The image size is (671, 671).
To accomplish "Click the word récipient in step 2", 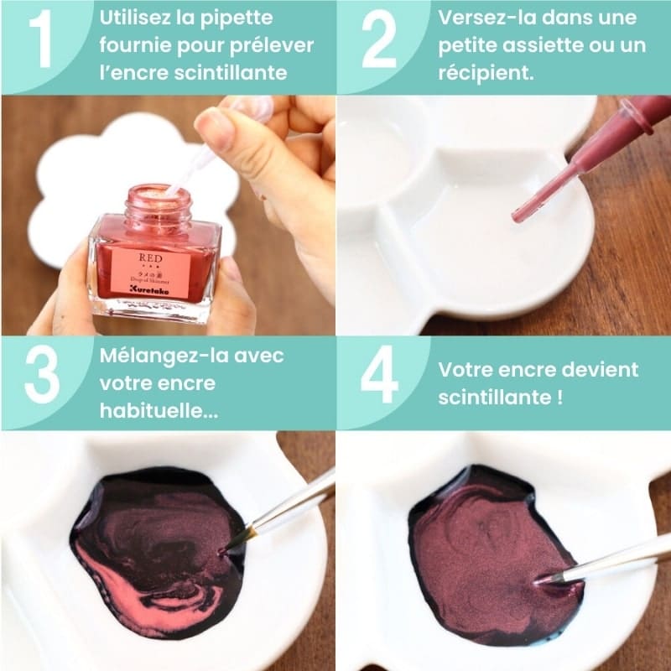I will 485,73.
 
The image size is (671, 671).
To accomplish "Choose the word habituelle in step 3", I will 153,411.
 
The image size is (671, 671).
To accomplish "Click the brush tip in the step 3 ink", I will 224,549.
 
